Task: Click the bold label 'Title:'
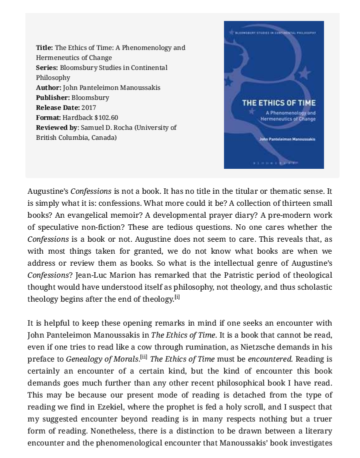(44, 48)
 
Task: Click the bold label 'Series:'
(47, 68)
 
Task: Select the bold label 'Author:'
(48, 88)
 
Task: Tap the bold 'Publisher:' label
(52, 98)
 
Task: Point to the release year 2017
(88, 108)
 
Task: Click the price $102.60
(106, 118)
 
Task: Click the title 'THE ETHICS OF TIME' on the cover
(278, 103)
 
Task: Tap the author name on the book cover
(287, 139)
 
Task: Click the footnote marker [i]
(177, 298)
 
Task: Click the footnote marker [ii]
(144, 358)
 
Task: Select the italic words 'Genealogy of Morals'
(103, 359)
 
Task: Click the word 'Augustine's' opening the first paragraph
(47, 191)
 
